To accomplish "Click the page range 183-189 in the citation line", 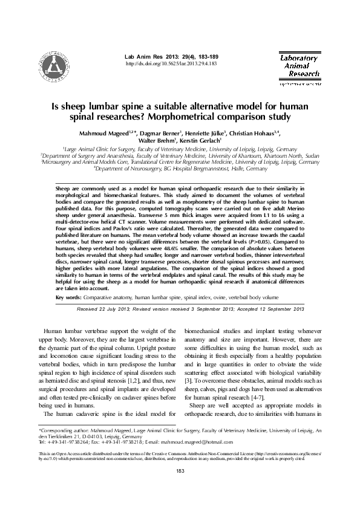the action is tap(208, 56).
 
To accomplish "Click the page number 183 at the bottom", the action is tap(179, 487).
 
